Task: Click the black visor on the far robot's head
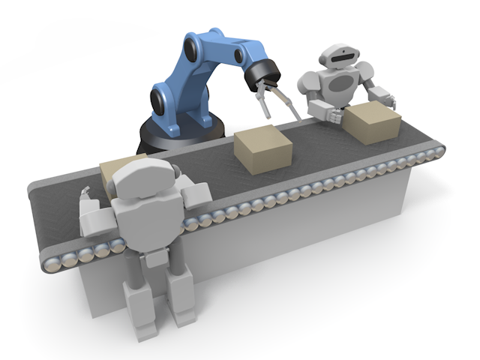[339, 55]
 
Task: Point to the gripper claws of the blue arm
[274, 101]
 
